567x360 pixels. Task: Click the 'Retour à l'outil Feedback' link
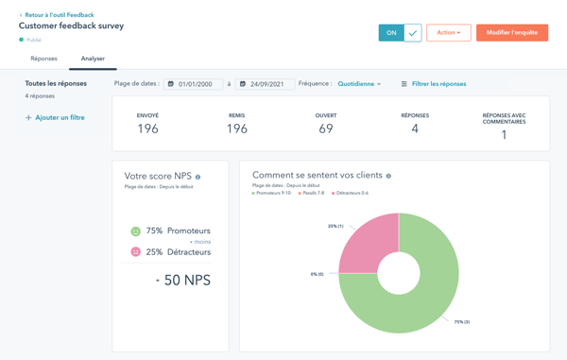click(59, 15)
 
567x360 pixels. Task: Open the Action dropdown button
click(448, 33)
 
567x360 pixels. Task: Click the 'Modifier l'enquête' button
click(511, 33)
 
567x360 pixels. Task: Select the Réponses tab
click(43, 59)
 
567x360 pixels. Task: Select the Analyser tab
click(93, 59)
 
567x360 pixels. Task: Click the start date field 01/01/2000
click(194, 84)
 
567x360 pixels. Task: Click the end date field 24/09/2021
click(266, 84)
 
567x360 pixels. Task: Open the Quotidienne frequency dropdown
click(359, 84)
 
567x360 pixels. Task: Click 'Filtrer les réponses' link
click(434, 84)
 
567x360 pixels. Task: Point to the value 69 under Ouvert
click(325, 129)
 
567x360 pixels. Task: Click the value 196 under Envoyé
click(147, 129)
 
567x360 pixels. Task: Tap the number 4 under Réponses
click(415, 129)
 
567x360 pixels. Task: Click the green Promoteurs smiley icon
click(135, 231)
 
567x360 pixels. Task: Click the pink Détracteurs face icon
click(135, 252)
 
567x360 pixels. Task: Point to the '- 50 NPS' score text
click(182, 281)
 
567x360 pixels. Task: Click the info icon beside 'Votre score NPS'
click(198, 177)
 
